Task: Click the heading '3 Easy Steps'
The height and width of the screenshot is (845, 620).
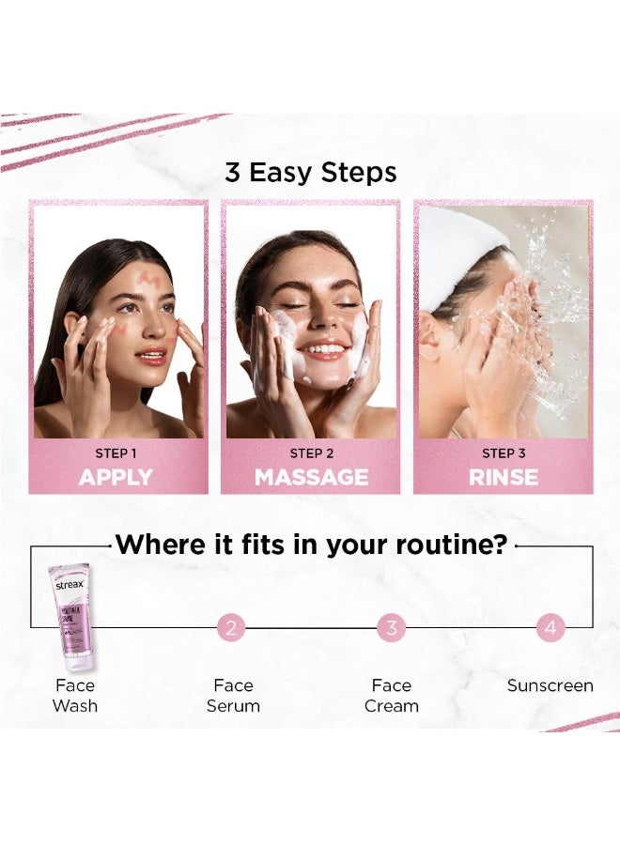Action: click(310, 173)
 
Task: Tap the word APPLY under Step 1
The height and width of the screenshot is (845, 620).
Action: click(116, 477)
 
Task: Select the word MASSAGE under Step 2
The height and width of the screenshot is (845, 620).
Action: click(311, 477)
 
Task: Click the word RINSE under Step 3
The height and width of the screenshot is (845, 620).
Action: click(504, 477)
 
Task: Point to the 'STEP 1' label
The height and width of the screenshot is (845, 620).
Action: click(116, 453)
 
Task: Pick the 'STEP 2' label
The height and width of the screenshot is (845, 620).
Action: click(311, 453)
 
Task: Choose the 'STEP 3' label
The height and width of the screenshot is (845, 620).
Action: click(504, 453)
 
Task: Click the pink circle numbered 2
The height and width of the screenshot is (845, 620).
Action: click(231, 627)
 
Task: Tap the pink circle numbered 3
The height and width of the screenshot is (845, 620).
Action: click(392, 627)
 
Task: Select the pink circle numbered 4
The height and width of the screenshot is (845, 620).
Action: click(550, 627)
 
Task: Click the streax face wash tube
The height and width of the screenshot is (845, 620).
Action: click(71, 615)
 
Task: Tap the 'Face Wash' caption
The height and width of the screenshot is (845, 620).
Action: click(75, 696)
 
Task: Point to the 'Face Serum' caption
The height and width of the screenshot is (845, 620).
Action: click(234, 696)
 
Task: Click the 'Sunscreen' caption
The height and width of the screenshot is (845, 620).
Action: click(550, 685)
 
